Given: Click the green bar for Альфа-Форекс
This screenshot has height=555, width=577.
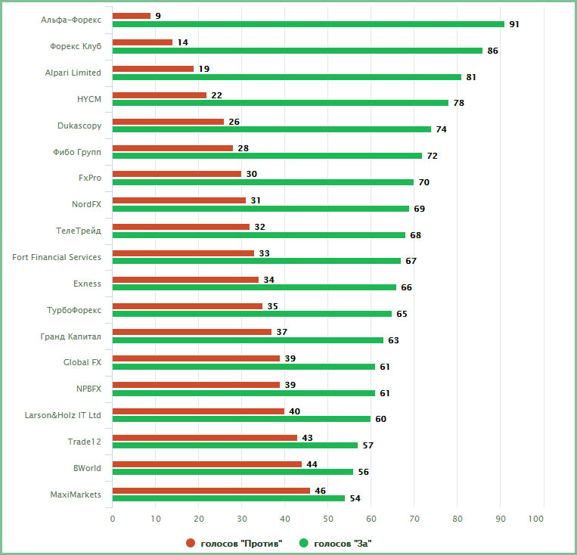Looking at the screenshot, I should coord(308,24).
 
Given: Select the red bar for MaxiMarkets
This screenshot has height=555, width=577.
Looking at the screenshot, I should coord(211,491).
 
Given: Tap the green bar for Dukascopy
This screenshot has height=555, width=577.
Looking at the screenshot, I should coord(271,129).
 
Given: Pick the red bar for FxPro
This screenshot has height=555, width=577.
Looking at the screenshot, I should coord(177,174).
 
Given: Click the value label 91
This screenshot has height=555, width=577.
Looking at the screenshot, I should coord(514,24).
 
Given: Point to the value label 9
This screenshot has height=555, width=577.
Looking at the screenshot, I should coord(158,16).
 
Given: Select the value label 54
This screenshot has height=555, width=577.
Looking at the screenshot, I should coord(355,498).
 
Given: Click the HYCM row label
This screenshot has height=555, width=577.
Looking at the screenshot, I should coord(88,99).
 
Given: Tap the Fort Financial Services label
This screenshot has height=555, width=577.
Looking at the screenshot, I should coord(57,257).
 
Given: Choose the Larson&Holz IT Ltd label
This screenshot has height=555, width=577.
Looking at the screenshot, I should coord(63,415).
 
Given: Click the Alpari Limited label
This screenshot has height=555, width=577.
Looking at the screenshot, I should coord(73,73).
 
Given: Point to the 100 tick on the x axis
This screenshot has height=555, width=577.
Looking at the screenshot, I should coord(536,519).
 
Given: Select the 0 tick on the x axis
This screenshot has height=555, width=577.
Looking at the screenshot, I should coord(113,519).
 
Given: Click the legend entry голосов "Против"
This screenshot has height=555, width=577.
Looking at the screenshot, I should coord(234,543).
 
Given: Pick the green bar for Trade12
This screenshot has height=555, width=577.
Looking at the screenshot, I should coord(235,445).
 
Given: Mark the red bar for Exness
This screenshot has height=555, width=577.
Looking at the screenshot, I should coord(185,280).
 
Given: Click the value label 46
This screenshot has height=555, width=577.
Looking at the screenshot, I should coord(321,491).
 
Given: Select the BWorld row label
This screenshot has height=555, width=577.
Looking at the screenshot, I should coord(87,468).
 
